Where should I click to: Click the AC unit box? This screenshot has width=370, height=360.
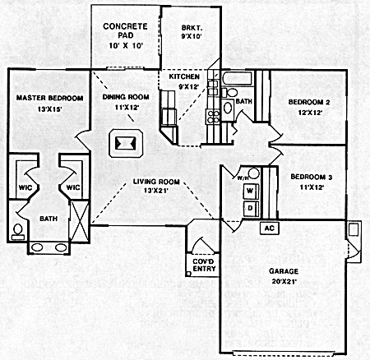point(270,228)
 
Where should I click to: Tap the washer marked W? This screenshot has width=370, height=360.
point(251,191)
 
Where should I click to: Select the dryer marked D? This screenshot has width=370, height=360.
point(251,209)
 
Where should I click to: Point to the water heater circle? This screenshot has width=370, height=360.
point(254,173)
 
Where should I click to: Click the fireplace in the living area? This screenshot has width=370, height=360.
point(126,143)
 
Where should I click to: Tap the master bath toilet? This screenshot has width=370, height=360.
point(18,233)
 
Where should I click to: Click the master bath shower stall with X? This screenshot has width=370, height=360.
point(79,221)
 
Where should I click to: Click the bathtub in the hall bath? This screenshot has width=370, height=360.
point(238,79)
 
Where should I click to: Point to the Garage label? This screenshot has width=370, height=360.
point(284,271)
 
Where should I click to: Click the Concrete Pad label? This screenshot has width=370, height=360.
point(125,30)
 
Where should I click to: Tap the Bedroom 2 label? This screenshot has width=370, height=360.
point(309,103)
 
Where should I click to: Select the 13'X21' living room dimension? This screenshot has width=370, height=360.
point(155,191)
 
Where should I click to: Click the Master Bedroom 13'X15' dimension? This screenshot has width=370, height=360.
point(49,109)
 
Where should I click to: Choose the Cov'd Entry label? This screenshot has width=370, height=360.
point(204,265)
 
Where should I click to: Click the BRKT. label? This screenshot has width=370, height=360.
point(192,28)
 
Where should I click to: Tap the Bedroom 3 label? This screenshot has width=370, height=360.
point(312,177)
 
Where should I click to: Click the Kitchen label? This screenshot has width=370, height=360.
point(184,76)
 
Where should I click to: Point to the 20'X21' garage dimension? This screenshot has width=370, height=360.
point(284,281)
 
